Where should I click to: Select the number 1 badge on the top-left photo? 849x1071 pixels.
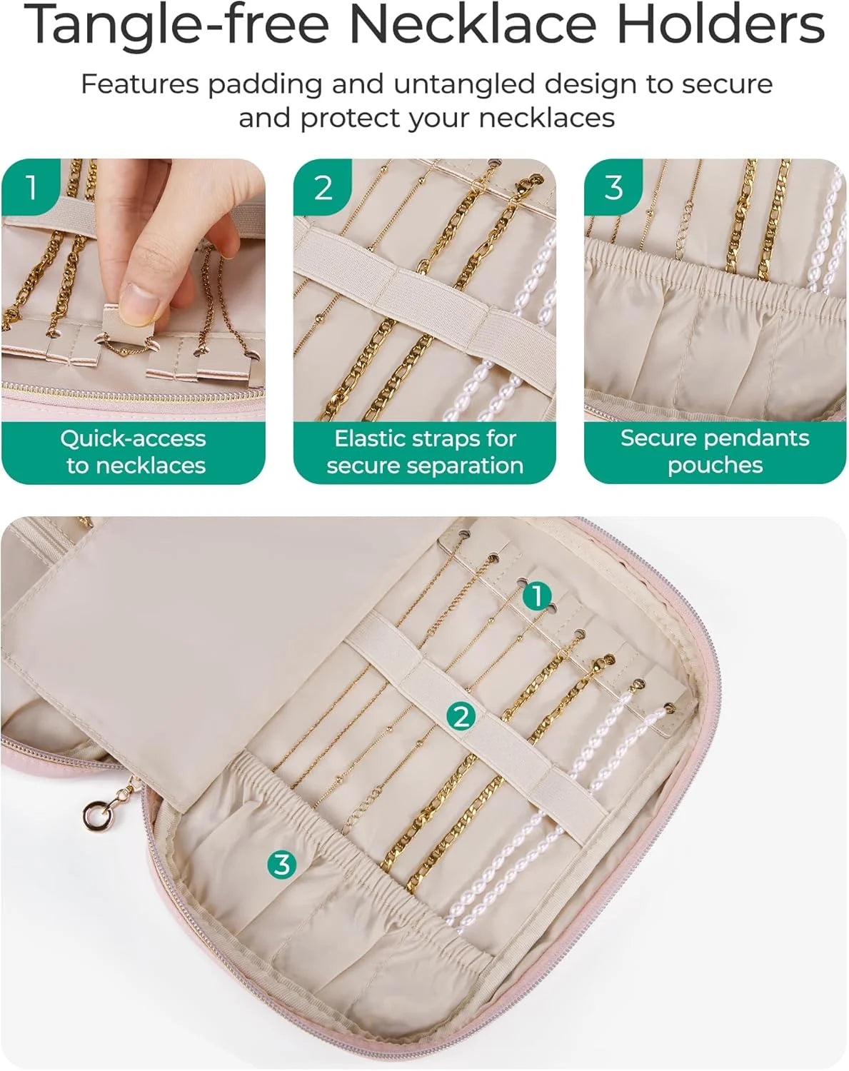pos(31,187)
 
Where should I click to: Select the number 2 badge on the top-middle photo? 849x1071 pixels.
pos(323,187)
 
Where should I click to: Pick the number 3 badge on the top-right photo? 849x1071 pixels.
pos(613,187)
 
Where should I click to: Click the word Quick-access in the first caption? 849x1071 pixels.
pos(133,439)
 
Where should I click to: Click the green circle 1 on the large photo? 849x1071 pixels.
pos(537,595)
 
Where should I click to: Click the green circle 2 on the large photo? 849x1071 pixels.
pos(461,717)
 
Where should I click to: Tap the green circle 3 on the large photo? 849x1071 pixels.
pos(281,864)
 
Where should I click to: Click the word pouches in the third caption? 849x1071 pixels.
pos(715,466)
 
